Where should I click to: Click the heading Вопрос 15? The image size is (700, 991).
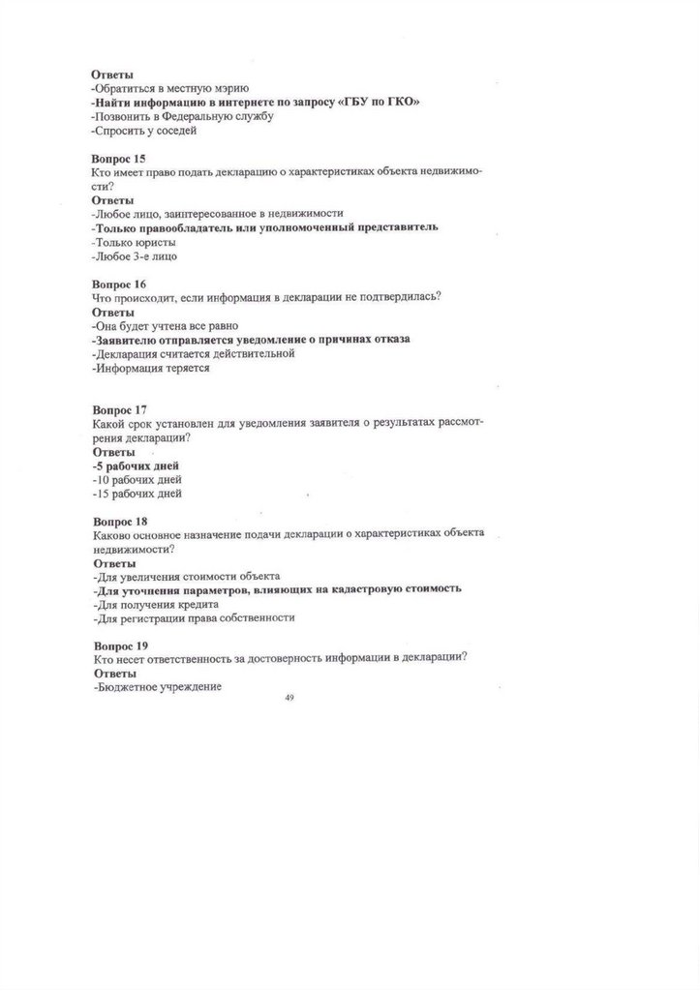click(119, 157)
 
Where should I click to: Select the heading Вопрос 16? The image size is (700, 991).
click(119, 285)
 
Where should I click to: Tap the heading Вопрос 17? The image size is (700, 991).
click(119, 409)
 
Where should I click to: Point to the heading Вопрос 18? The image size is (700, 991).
click(119, 521)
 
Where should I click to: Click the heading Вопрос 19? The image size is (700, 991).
click(119, 645)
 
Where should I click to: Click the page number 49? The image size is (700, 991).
click(289, 697)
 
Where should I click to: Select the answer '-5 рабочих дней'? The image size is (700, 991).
click(136, 465)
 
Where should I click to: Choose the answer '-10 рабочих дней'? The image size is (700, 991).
click(137, 479)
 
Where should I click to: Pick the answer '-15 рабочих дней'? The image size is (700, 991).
click(137, 494)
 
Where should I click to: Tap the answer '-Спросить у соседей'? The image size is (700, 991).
click(144, 130)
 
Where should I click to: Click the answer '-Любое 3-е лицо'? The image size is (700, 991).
click(135, 256)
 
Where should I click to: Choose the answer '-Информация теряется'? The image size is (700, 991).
click(150, 368)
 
